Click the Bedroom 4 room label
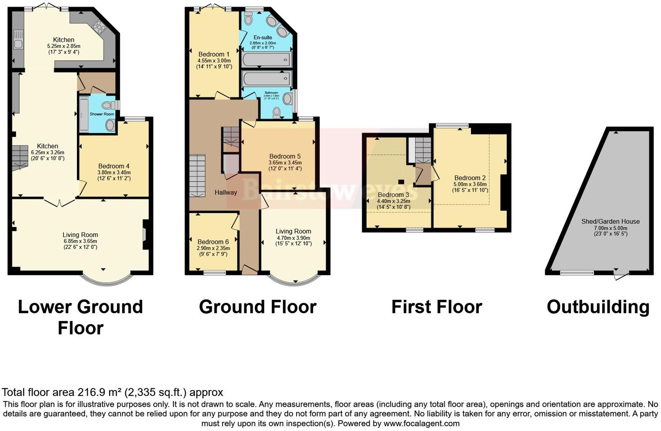[114, 166]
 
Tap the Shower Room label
[102, 114]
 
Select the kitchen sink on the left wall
[18, 39]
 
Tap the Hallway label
[226, 192]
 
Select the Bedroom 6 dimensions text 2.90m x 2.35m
[212, 248]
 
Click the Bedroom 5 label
[285, 156]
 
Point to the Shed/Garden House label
[611, 222]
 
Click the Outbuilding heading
[598, 307]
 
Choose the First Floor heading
[437, 307]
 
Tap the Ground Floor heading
[257, 307]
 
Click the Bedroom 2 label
[470, 178]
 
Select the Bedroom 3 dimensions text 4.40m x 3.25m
[394, 201]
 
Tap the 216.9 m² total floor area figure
[100, 392]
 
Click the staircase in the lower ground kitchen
[20, 157]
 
